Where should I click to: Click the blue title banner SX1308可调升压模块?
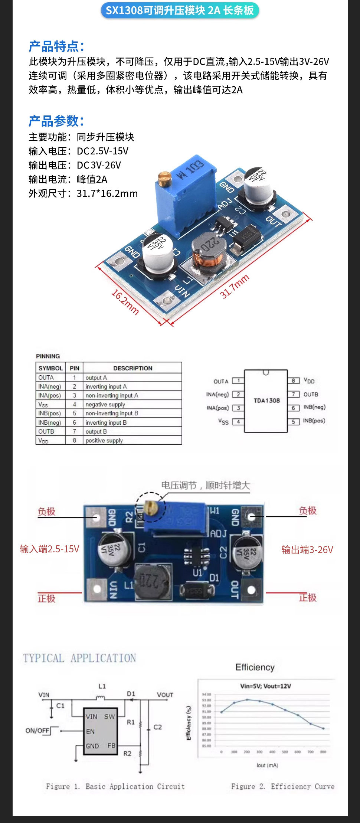click(x=180, y=10)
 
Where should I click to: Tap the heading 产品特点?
click(x=56, y=46)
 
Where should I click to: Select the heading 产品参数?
click(x=56, y=121)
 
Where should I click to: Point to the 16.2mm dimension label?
click(x=125, y=302)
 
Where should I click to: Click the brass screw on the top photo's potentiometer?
click(x=164, y=179)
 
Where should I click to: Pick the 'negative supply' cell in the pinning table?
click(x=105, y=404)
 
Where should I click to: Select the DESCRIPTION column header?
click(x=132, y=368)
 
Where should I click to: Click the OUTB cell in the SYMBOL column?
click(x=46, y=431)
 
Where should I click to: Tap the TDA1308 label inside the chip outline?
click(x=266, y=401)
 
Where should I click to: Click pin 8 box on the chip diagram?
click(x=293, y=381)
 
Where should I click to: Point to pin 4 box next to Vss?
click(x=238, y=422)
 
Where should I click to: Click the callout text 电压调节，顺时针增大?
click(x=206, y=486)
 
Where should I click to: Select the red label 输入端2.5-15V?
click(x=49, y=549)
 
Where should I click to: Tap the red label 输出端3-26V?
click(x=307, y=550)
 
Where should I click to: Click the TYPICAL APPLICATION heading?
click(x=79, y=659)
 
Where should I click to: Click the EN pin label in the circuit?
click(x=90, y=732)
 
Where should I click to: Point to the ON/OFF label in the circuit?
click(x=37, y=731)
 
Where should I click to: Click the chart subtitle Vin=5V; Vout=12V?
click(x=265, y=686)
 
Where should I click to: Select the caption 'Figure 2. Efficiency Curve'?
click(x=282, y=786)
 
